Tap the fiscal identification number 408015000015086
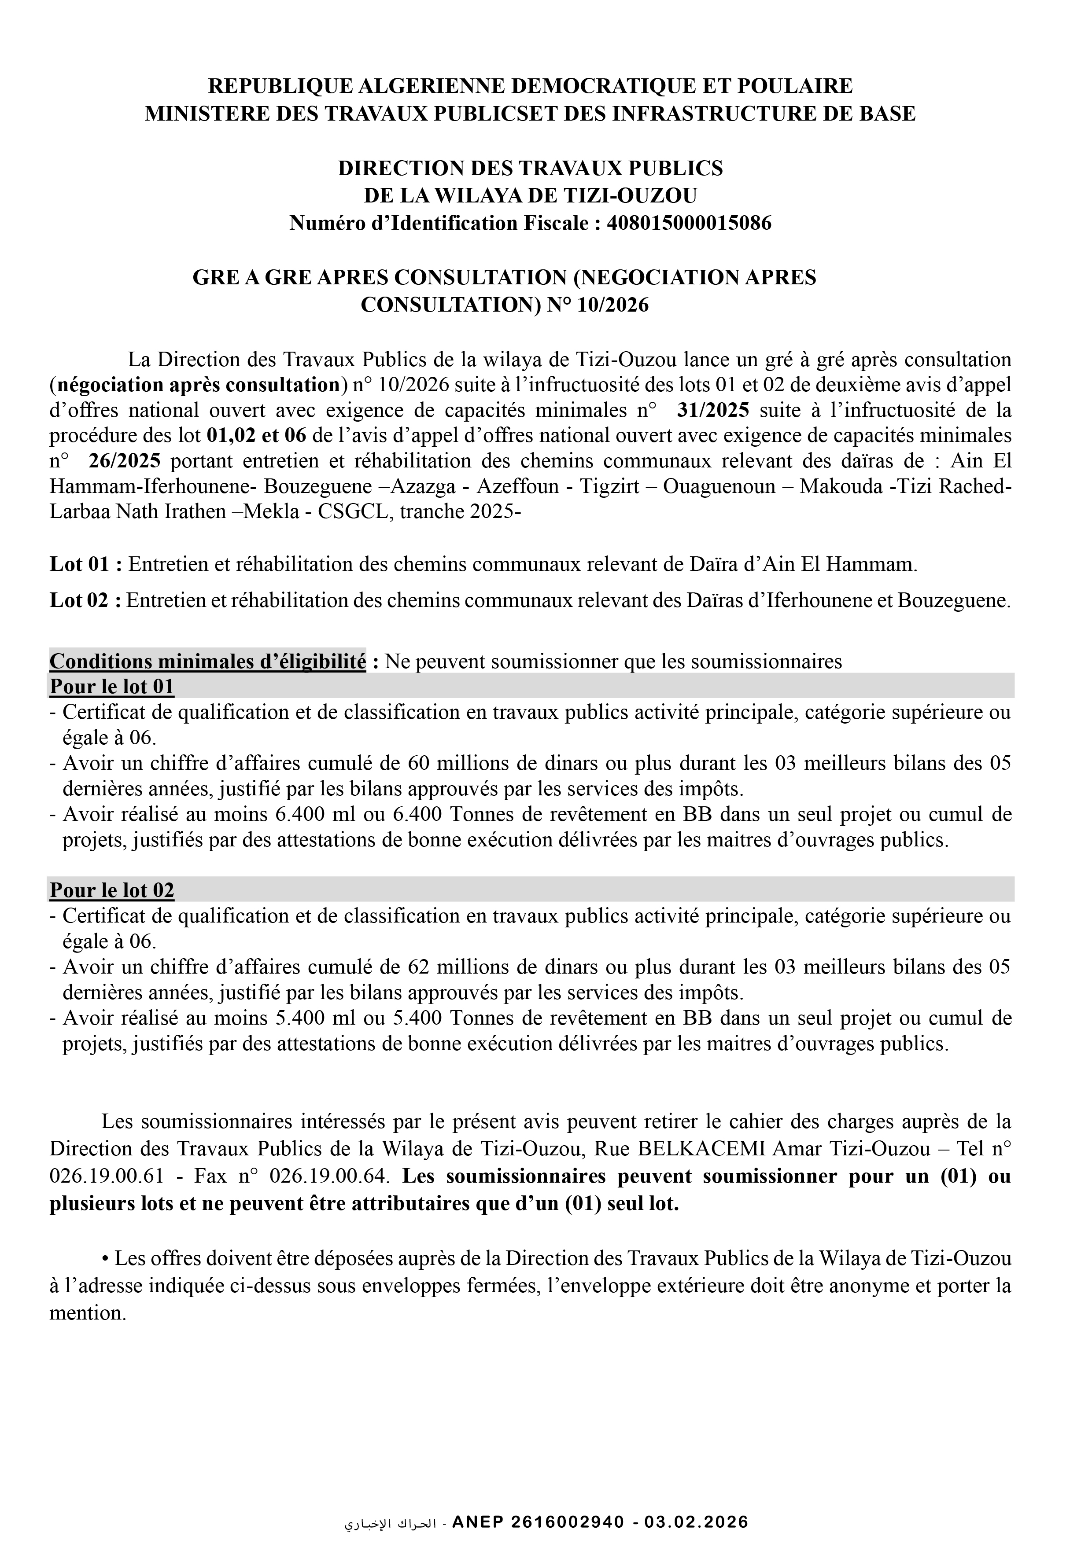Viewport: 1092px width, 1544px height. pos(689,223)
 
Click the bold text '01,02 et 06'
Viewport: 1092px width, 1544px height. pos(256,436)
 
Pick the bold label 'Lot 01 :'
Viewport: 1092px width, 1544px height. pos(86,564)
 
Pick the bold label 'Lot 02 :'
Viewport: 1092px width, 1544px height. pos(86,600)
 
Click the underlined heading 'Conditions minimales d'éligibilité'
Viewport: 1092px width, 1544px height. pos(207,662)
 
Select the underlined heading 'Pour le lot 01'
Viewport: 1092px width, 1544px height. pos(112,687)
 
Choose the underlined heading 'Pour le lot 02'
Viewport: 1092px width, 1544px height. pos(112,890)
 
